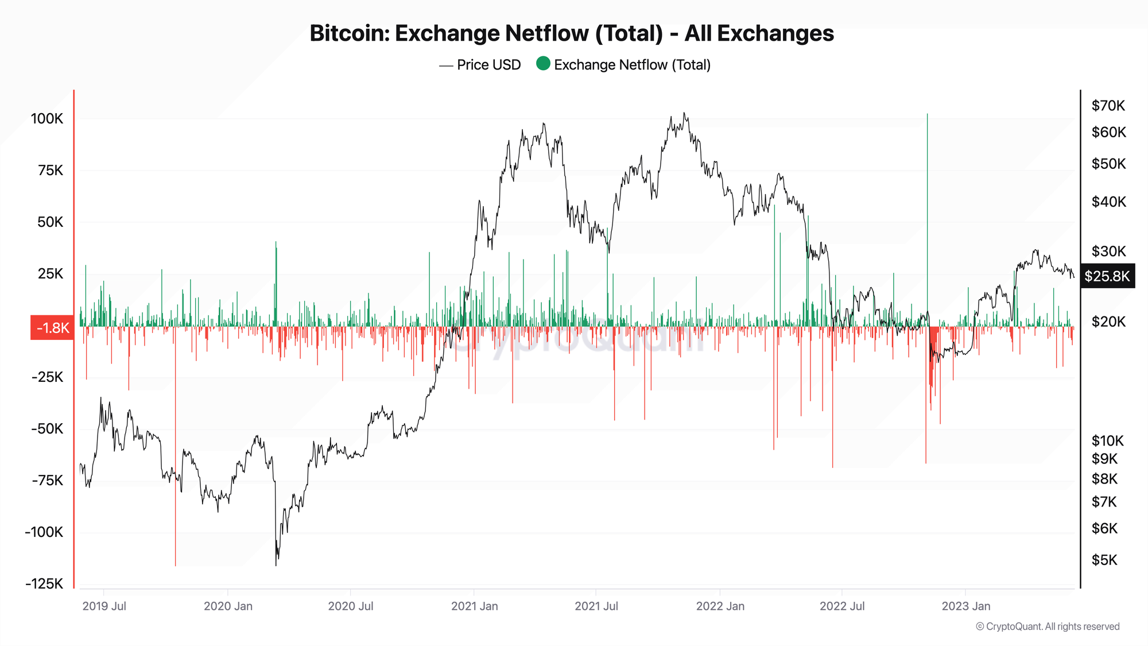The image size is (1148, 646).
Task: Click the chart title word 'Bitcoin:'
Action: tap(349, 33)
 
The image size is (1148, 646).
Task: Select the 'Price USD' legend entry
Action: tap(488, 65)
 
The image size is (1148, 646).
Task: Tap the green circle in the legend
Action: tap(543, 64)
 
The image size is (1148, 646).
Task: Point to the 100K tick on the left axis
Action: tap(47, 119)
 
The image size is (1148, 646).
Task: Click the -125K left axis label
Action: tap(44, 584)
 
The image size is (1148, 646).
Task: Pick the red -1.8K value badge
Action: tap(52, 328)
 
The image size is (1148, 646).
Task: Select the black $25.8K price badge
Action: tap(1107, 276)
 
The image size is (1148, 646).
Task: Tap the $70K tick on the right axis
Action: tap(1108, 106)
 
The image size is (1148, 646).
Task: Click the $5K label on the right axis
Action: tap(1104, 560)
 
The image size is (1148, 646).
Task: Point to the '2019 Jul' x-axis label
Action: tap(104, 606)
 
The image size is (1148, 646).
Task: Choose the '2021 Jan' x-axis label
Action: tap(474, 606)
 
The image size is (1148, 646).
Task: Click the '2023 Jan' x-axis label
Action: tap(965, 606)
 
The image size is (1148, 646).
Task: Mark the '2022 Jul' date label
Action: tap(841, 606)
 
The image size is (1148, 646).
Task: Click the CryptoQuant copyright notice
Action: tap(1048, 626)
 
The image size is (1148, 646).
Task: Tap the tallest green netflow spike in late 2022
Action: tap(927, 172)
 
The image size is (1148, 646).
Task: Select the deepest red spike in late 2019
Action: tap(176, 517)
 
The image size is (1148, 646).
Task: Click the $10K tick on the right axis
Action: tap(1107, 441)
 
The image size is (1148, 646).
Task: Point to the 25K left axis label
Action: tap(51, 274)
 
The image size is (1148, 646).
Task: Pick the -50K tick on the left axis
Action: tap(47, 429)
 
